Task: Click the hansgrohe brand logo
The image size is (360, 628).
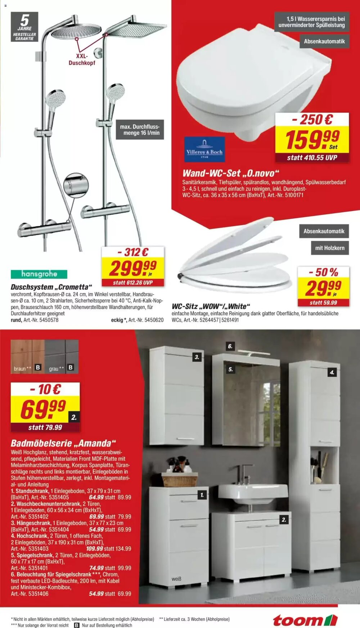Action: [39, 274]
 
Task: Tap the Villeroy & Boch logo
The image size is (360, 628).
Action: [204, 149]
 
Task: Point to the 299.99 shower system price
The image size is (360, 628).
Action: [132, 268]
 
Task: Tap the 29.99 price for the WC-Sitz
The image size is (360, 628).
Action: [323, 288]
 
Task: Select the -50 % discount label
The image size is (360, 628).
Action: [323, 272]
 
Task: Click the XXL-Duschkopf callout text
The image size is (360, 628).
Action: [82, 59]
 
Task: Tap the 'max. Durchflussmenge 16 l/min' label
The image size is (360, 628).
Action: [141, 130]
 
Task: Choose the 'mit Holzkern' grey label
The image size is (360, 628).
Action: [329, 248]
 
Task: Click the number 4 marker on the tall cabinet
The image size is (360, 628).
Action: [332, 372]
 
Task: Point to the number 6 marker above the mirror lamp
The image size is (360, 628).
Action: [230, 346]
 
